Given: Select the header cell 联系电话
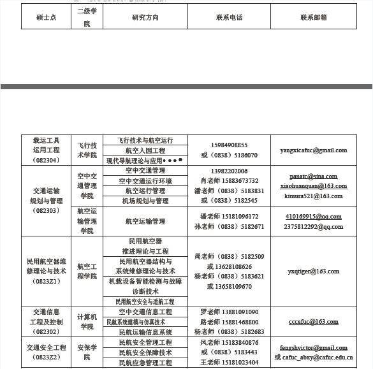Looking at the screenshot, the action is (229, 17).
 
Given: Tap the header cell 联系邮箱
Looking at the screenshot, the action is (313, 17).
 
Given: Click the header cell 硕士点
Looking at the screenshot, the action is (47, 17).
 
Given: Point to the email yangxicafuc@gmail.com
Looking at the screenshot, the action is (313, 150).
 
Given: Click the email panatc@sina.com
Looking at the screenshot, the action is (313, 176).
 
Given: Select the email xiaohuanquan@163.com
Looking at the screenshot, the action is (313, 186).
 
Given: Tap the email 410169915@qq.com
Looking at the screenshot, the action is (313, 217).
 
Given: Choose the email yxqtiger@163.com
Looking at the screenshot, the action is (313, 271).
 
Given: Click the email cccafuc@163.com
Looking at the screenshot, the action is (313, 322).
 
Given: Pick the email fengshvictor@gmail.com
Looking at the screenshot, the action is (313, 348).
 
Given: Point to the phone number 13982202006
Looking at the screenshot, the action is (229, 171).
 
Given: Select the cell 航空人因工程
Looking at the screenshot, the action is (145, 151).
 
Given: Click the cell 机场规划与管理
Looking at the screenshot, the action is (145, 201).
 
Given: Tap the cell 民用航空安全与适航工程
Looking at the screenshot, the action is (145, 301).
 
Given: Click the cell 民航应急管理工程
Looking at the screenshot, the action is (145, 363).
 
